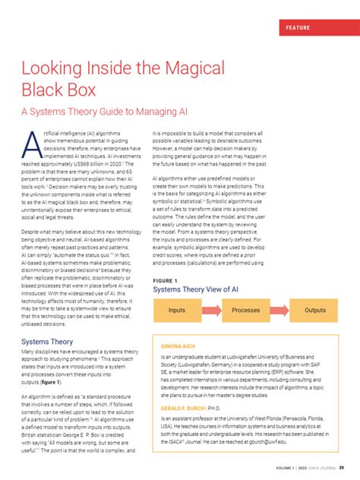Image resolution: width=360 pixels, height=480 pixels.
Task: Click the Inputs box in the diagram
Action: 176,311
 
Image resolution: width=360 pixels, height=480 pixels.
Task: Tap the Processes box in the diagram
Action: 245,311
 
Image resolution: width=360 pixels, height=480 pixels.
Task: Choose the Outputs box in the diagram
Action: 314,311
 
